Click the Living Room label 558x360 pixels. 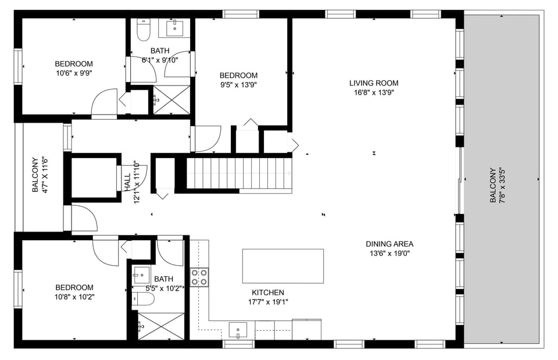[x=374, y=83]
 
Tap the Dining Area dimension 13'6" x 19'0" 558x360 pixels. [x=389, y=253]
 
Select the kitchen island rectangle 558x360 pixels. [x=282, y=266]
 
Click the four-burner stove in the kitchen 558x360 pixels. [x=199, y=277]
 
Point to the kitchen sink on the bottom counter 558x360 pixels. [x=238, y=330]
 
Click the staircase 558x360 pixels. [x=238, y=173]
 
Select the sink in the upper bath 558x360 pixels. [x=176, y=27]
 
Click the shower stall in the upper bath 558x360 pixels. [x=171, y=99]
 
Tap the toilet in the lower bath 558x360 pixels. [x=143, y=299]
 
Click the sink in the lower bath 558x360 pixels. [x=141, y=275]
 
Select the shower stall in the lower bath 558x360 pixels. [x=160, y=326]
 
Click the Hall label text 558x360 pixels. [x=127, y=181]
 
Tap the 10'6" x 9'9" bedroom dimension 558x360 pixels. [x=74, y=73]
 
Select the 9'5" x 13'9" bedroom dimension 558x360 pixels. [x=238, y=84]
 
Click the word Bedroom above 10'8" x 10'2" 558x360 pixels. [x=74, y=287]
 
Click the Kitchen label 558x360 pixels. [x=267, y=293]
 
